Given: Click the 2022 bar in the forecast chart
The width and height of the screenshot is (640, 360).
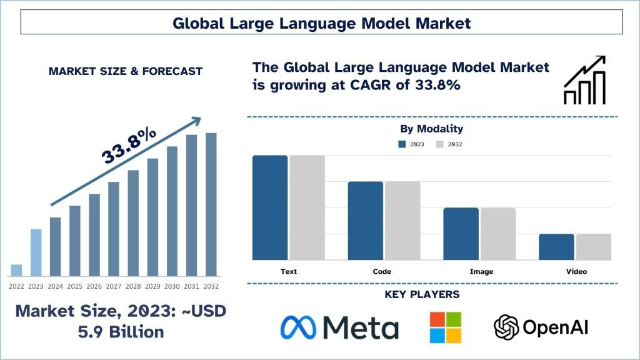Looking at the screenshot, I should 16,270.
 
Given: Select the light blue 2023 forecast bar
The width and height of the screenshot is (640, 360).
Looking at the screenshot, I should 36,252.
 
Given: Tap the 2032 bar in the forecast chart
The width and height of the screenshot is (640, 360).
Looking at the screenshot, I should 211,204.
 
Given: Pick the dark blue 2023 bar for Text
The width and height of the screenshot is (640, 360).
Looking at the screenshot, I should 270,207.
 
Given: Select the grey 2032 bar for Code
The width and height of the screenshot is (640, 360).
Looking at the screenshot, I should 402,221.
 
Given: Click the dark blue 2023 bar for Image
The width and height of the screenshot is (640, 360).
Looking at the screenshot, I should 461,234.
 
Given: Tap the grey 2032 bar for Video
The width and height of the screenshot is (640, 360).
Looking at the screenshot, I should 594,247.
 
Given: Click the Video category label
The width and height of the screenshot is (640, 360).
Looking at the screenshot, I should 577,272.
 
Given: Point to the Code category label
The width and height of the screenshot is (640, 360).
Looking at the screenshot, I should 382,272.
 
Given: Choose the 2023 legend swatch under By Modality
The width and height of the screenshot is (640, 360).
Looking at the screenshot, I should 402,144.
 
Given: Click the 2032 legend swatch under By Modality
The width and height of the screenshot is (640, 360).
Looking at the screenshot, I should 440,144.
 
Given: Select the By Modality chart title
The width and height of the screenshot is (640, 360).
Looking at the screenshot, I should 432,129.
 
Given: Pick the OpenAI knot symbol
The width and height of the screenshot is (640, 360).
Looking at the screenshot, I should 506,327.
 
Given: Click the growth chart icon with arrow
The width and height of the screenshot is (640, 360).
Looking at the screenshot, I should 584,79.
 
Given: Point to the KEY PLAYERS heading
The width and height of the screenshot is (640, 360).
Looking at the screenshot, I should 431,294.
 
